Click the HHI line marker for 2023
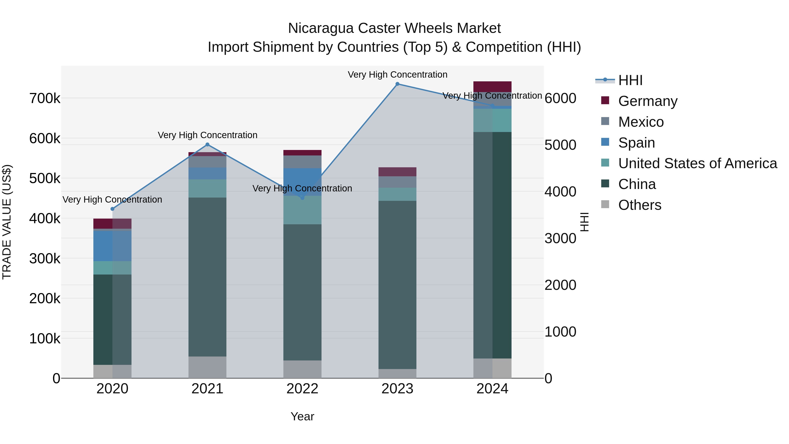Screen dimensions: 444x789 point(397,84)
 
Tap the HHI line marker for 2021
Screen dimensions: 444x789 point(207,145)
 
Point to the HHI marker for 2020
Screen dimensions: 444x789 point(112,209)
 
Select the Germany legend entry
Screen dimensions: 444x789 point(647,101)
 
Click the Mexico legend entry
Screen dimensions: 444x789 point(641,122)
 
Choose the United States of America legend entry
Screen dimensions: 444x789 point(697,163)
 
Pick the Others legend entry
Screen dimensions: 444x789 point(640,205)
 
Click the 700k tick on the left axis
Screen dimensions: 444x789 point(45,99)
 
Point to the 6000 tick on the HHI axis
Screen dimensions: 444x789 point(560,99)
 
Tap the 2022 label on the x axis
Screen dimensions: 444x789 point(302,389)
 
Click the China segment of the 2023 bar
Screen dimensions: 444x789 point(397,285)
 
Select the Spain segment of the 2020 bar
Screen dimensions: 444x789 point(112,246)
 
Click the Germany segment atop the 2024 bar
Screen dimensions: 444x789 point(492,87)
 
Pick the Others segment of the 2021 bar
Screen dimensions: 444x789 point(207,367)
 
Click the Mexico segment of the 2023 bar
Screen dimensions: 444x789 point(397,182)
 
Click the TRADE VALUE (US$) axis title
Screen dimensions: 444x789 point(7,222)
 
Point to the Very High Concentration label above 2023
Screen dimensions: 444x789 point(397,75)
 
